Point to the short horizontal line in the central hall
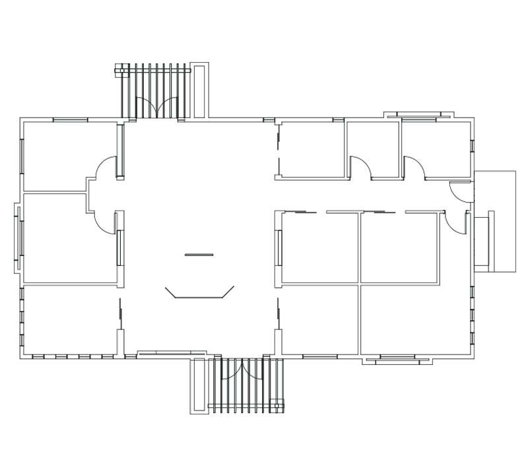click(199, 255)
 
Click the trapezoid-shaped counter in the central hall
click(200, 292)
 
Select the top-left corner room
click(69, 155)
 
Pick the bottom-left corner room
click(69, 321)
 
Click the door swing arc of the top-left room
click(106, 168)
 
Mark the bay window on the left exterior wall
click(18, 238)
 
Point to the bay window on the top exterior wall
click(420, 115)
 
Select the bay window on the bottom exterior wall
click(397, 360)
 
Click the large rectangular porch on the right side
click(495, 221)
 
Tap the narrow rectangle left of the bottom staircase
click(199, 386)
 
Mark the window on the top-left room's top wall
click(70, 119)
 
